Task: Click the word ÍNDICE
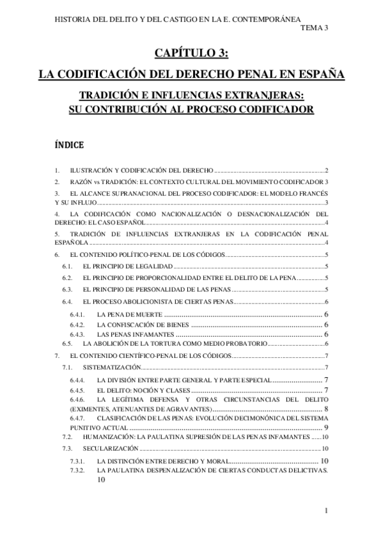point(70,146)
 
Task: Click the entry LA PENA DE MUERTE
point(130,314)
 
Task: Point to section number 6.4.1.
point(77,314)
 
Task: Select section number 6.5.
point(67,344)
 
